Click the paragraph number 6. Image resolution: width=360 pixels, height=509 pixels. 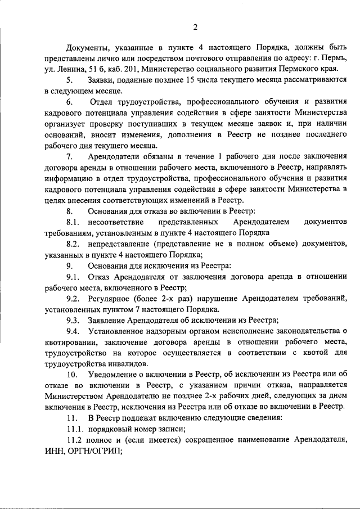[69, 102]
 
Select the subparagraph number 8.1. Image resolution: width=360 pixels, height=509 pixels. [74, 222]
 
